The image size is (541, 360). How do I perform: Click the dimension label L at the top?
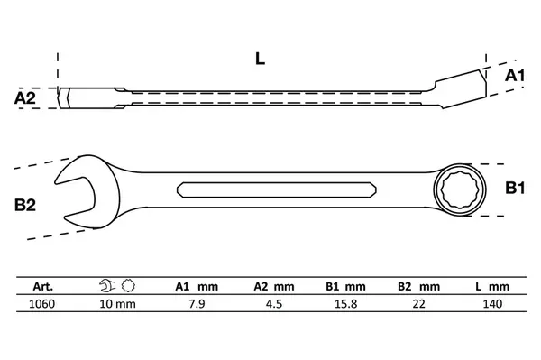point(260,59)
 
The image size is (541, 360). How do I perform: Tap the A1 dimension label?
point(515,75)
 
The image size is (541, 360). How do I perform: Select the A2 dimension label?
point(25,98)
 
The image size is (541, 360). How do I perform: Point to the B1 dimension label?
point(515,188)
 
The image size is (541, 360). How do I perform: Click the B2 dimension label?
point(25,205)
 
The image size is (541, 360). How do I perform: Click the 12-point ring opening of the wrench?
point(459,189)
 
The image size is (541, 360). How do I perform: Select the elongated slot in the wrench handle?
point(277,189)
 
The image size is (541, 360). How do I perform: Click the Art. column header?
point(43,287)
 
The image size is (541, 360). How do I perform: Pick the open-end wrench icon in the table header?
point(107,286)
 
